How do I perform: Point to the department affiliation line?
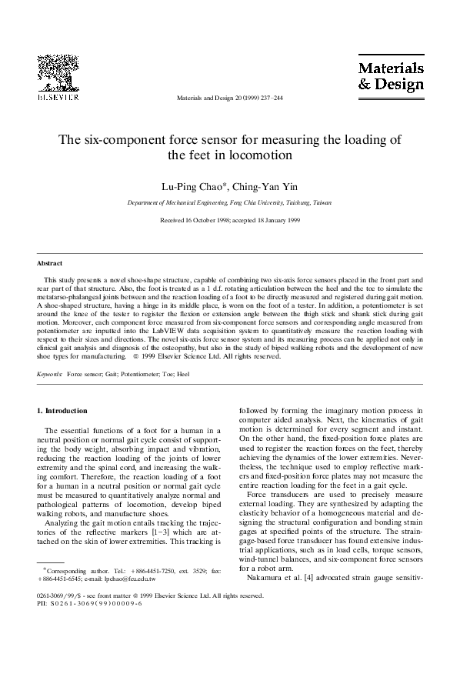229,202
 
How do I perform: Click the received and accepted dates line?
229,220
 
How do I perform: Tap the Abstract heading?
50,263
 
